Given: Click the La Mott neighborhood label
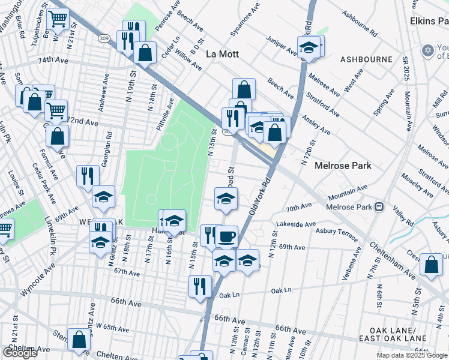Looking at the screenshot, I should [222, 54].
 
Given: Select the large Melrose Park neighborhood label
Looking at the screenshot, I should [344, 166].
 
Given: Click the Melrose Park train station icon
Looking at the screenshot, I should [379, 207].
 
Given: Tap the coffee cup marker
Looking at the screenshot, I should [226, 236].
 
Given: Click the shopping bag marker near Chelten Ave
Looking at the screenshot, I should [79, 340].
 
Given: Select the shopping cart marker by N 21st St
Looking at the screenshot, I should [58, 19].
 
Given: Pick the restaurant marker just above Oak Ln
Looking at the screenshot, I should [200, 286].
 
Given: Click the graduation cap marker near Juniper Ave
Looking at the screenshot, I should [309, 47].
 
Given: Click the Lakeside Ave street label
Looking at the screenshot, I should [296, 225].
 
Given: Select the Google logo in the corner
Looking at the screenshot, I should [20, 353].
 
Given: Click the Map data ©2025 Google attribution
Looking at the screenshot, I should [412, 355].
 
